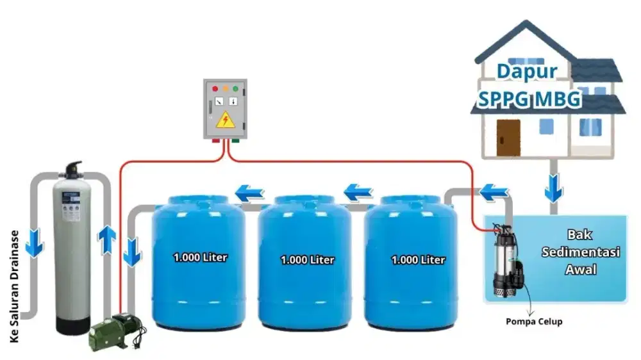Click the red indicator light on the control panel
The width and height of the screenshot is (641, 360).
click(x=215, y=88)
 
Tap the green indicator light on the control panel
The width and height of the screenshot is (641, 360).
click(x=235, y=88)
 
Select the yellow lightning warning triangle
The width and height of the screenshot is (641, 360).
click(x=225, y=120)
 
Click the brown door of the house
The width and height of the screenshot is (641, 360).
click(x=508, y=138)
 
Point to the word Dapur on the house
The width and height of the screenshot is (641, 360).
click(x=527, y=72)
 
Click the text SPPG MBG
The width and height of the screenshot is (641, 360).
click(x=529, y=99)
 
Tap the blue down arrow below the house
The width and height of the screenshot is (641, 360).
click(x=554, y=188)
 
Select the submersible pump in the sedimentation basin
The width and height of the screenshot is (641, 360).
click(x=508, y=260)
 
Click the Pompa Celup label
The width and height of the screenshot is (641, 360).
click(x=534, y=322)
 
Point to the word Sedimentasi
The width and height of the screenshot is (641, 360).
click(x=581, y=252)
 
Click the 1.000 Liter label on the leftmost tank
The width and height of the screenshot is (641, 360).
click(x=200, y=258)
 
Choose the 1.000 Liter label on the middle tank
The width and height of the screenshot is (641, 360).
click(x=308, y=260)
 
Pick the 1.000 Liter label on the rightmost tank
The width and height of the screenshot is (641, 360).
click(x=418, y=260)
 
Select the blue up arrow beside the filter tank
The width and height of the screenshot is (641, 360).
click(x=106, y=240)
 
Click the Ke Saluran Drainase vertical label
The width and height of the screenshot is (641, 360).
click(x=14, y=286)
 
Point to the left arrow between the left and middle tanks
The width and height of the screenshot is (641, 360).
click(x=250, y=193)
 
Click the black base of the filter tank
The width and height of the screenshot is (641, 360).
click(x=73, y=325)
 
